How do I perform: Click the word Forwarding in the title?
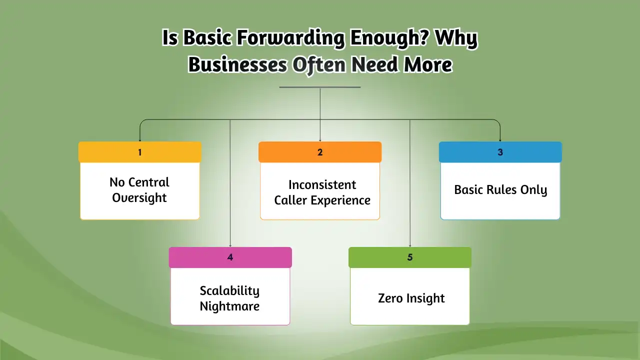(x=290, y=38)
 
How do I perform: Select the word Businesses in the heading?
(x=237, y=64)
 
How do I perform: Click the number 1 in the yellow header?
(x=139, y=152)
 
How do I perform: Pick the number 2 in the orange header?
(x=320, y=152)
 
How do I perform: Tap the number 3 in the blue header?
(x=500, y=152)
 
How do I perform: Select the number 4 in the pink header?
(x=230, y=257)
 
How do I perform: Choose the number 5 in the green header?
(x=410, y=257)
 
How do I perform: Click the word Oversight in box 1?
(x=139, y=197)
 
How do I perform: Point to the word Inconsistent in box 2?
(x=322, y=184)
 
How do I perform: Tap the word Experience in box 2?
(x=340, y=200)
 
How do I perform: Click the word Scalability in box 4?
(x=229, y=291)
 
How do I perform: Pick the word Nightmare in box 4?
(x=229, y=306)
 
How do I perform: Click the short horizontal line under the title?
(x=320, y=87)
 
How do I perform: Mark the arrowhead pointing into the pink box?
(x=230, y=245)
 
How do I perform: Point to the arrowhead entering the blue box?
(x=500, y=140)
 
